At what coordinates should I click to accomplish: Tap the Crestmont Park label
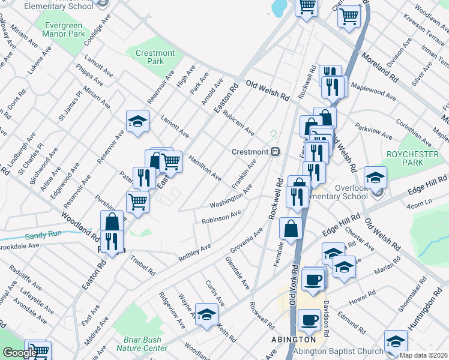155,57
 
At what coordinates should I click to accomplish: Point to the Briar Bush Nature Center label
141,344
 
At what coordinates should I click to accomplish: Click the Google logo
19,352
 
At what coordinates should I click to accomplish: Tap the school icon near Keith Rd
206,315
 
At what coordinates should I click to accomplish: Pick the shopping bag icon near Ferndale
291,228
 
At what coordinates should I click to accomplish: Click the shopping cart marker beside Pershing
137,202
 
